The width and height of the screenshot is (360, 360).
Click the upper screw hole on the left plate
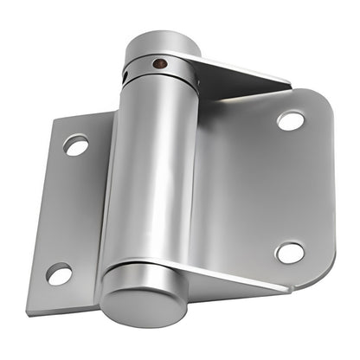(x=76, y=145)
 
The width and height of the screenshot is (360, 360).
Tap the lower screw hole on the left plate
(x=59, y=274)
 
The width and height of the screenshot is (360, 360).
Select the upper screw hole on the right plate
(x=291, y=120)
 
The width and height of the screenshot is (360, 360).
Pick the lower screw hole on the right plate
(x=290, y=253)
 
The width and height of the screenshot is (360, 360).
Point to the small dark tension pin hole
(x=158, y=63)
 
